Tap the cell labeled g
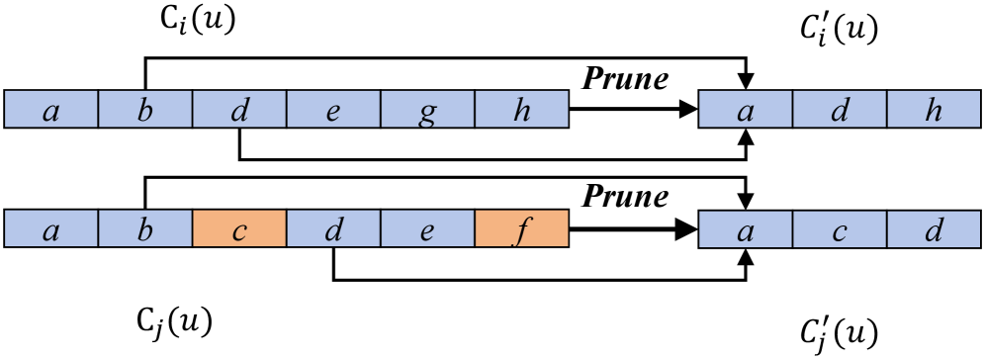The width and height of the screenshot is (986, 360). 427,110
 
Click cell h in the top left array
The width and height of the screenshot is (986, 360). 522,110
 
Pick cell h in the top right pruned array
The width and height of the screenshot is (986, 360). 933,110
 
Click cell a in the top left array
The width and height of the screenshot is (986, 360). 50,110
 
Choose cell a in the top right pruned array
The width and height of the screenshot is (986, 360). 746,110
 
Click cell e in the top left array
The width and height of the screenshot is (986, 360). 332,110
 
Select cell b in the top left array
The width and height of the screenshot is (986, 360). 144,110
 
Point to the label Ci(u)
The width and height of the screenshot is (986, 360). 199,22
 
